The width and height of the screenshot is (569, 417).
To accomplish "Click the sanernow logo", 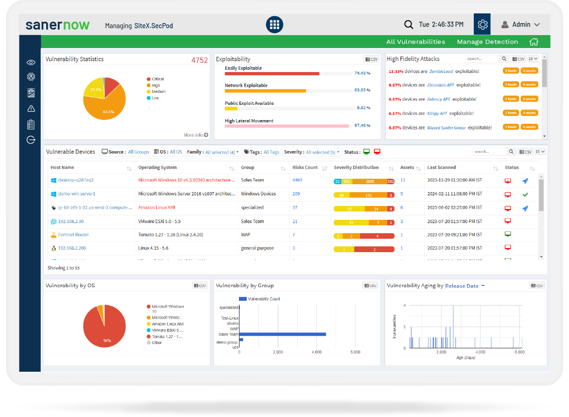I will [57, 25].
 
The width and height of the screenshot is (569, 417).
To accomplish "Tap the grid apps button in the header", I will [274, 24].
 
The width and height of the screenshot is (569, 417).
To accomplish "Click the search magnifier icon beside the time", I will [408, 24].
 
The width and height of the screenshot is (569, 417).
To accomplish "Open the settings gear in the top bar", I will [483, 24].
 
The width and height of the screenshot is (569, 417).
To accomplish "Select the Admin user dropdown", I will [520, 24].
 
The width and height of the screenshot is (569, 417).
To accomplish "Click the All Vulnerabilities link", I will [416, 42].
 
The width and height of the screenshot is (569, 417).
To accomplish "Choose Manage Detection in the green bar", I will [487, 42].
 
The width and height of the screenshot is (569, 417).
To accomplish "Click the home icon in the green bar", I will [534, 42].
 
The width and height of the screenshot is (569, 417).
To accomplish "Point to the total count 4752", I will [200, 60].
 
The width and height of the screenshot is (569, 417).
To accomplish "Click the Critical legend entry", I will [158, 79].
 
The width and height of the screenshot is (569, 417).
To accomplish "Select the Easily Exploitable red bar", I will [272, 73].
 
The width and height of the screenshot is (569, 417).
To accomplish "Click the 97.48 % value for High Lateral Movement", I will [362, 126].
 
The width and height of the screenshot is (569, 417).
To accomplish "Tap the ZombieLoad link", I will [441, 71].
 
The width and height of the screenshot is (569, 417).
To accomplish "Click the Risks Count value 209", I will [296, 194].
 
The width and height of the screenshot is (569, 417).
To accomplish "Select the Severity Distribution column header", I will [356, 168].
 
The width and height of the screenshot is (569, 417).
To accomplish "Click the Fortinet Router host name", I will [73, 235].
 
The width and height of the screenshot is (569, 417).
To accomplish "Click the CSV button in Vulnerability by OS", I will [200, 286].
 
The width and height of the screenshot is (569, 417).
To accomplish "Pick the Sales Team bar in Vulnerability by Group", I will [282, 334].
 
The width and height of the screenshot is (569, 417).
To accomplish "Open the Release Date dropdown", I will [465, 286].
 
